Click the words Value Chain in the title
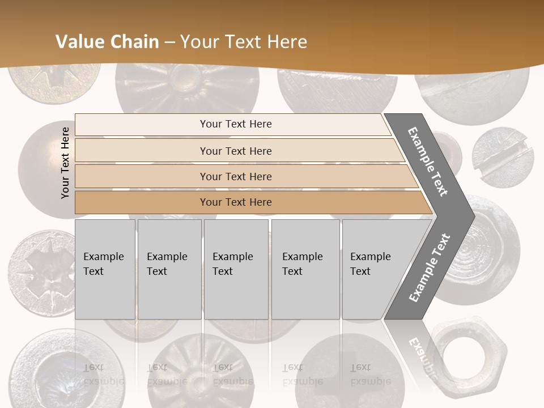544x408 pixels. click(x=107, y=42)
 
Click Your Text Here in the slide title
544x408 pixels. click(x=244, y=42)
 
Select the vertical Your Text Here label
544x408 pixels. click(x=65, y=163)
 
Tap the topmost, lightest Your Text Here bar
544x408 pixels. click(x=235, y=124)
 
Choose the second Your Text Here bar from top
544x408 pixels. click(x=235, y=151)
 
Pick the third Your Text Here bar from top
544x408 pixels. click(x=235, y=176)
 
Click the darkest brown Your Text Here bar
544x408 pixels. click(x=235, y=202)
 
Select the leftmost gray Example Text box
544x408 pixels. click(x=105, y=269)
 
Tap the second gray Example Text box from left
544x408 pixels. click(x=169, y=269)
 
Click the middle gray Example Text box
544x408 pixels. click(x=236, y=269)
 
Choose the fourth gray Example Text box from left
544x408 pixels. click(x=305, y=269)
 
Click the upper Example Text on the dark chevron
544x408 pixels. click(x=428, y=161)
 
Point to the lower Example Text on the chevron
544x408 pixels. click(x=430, y=267)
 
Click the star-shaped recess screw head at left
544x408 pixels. click(x=44, y=272)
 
